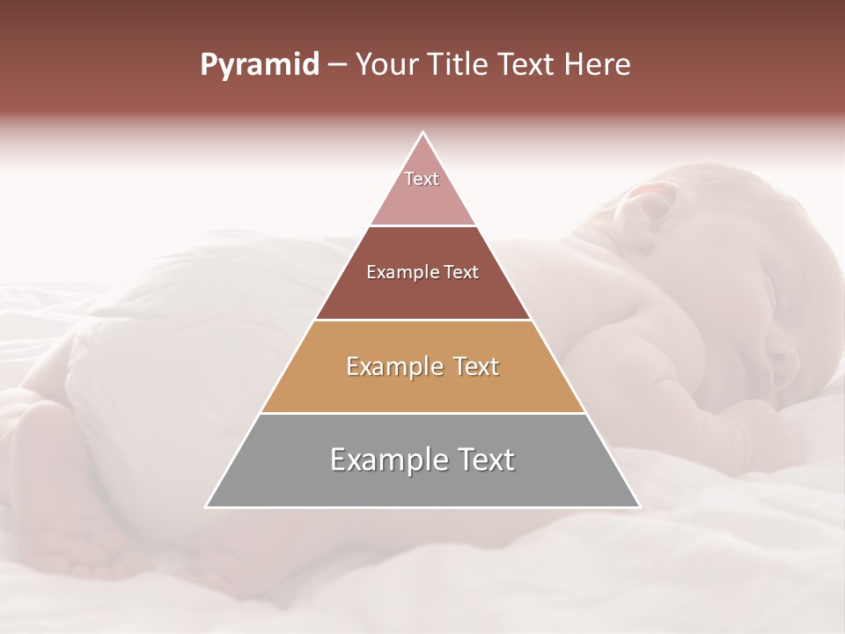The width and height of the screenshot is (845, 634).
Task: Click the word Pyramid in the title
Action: (260, 65)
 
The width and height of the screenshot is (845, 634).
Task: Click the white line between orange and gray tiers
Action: (422, 413)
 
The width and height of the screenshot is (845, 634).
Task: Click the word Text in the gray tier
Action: (480, 461)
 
